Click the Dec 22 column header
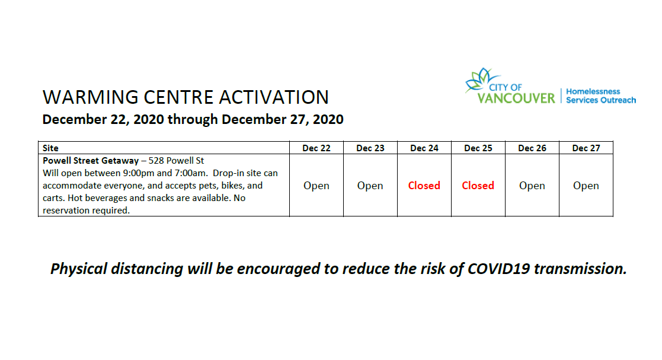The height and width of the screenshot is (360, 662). pos(316,148)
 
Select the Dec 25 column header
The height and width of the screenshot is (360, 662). pos(478,148)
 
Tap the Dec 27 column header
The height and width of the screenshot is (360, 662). pos(586,148)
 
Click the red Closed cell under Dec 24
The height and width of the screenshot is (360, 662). pos(424,186)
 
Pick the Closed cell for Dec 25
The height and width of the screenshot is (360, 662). pos(478,186)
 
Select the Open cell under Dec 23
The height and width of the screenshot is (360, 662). pos(370,186)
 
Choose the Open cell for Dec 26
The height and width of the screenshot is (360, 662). pos(532,186)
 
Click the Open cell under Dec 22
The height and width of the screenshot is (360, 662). pos(316,186)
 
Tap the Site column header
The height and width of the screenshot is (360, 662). pos(51,148)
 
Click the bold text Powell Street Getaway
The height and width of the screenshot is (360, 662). pos(89,161)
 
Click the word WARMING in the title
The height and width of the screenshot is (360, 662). pos(84,98)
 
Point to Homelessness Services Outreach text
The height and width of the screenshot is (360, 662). pos(600,96)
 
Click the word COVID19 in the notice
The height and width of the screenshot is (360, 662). pos(498,269)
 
